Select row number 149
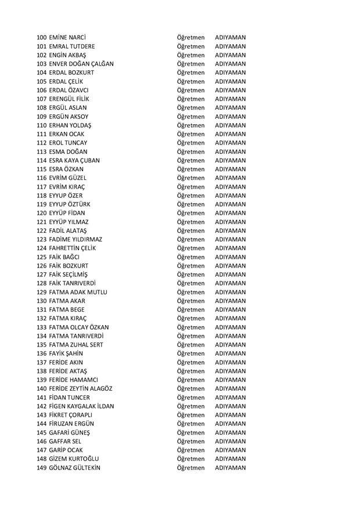pyautogui.click(x=42, y=468)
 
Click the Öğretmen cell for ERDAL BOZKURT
pyautogui.click(x=191, y=73)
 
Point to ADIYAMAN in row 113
pyautogui.click(x=230, y=151)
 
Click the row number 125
pyautogui.click(x=42, y=257)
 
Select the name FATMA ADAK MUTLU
pyautogui.click(x=78, y=292)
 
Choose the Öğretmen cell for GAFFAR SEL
pyautogui.click(x=191, y=441)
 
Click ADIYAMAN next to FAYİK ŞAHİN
pyautogui.click(x=230, y=353)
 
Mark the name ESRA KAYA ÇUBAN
pyautogui.click(x=74, y=160)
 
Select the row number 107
pyautogui.click(x=42, y=99)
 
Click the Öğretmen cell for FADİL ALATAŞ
pyautogui.click(x=191, y=230)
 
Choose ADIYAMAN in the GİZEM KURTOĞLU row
pyautogui.click(x=230, y=459)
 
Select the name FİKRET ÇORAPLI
pyautogui.click(x=71, y=415)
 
